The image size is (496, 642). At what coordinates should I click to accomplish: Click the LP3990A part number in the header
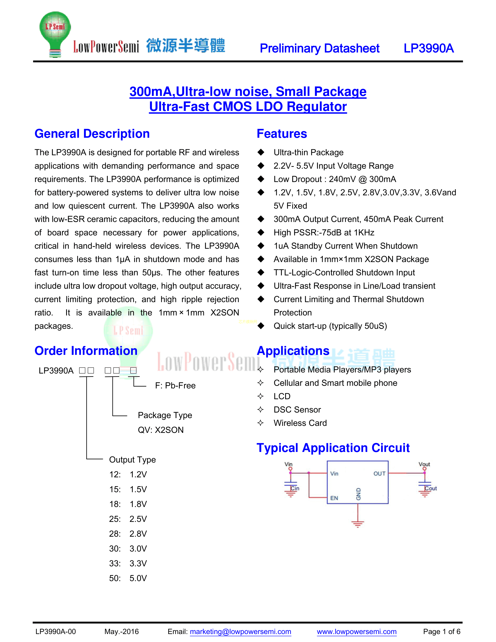(429, 48)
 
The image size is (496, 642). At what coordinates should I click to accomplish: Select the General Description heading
(92, 134)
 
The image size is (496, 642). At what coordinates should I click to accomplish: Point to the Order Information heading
(86, 351)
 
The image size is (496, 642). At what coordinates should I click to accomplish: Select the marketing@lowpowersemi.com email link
(240, 631)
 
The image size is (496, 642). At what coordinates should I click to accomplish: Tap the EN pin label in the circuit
(334, 498)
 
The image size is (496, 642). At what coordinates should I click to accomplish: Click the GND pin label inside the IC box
(358, 494)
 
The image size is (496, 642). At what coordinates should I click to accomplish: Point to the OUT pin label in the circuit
(379, 474)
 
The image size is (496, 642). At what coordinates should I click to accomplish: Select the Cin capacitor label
(295, 488)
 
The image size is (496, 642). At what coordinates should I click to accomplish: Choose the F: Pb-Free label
(175, 385)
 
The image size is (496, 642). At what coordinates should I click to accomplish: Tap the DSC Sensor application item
(297, 410)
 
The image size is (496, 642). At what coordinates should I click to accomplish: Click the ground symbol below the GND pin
(358, 524)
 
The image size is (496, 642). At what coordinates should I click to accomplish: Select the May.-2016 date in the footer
(121, 631)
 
